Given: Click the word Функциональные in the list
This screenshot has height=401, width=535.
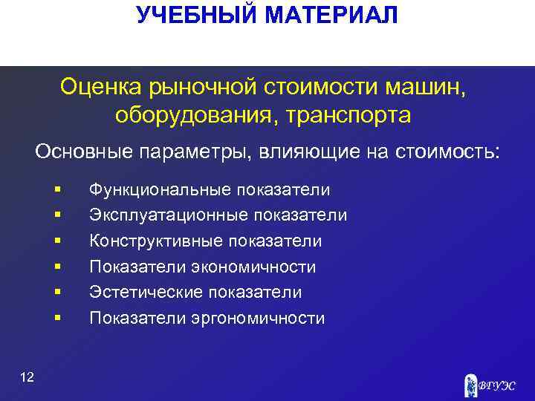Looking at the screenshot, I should tap(160, 189).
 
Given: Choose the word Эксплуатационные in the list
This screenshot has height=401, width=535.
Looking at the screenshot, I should tap(168, 215).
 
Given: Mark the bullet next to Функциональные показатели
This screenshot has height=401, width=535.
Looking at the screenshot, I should tap(57, 190).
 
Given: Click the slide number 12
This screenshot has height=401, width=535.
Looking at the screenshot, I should tap(27, 379).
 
